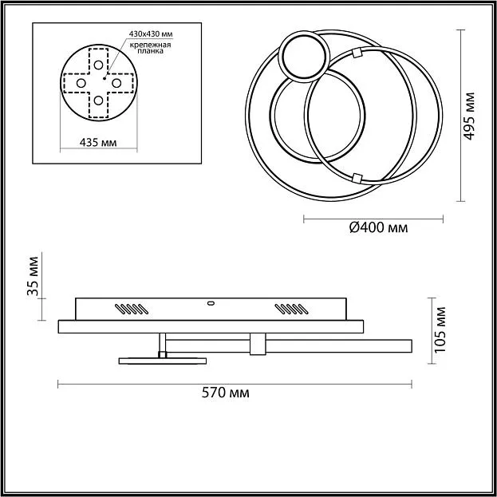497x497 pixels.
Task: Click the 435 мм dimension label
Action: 98,143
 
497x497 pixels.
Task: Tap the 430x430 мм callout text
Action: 151,34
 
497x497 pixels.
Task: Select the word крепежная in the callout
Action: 151,45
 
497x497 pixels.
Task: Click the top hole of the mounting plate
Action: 98,65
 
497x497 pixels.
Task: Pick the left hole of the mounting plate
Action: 81,83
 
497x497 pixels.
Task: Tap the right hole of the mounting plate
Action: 116,83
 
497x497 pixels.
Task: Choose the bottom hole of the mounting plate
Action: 98,101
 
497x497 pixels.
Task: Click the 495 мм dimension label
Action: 469,116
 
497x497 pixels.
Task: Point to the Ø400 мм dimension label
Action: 378,227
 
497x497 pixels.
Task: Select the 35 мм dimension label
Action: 33,276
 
